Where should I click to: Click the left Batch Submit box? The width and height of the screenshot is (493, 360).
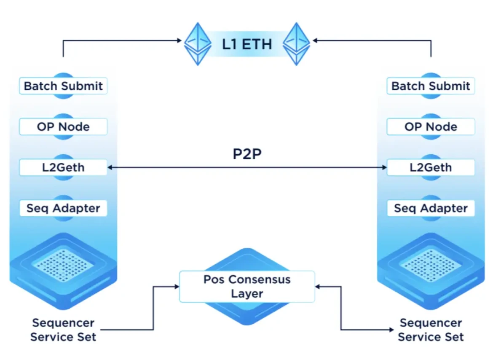63,86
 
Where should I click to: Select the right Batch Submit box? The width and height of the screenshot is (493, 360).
431,86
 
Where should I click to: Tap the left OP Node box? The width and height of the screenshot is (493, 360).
63,127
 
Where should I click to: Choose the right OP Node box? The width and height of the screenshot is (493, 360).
431,127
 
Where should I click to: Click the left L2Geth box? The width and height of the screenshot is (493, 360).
63,168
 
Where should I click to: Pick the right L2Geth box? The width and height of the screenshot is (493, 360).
431,168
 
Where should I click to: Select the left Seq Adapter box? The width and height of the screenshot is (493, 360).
63,208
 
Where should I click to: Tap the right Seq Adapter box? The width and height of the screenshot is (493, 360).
431,208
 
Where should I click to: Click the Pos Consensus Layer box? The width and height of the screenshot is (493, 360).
247,287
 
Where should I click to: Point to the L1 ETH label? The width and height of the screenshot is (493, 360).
247,44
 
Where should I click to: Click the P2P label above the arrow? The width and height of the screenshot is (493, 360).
247,154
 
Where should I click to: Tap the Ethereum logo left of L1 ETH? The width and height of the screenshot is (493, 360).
198,43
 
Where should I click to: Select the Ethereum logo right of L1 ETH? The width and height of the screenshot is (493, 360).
296,43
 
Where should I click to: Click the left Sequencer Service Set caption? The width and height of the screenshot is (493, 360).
63,330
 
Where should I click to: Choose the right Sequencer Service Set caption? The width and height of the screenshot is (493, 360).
431,330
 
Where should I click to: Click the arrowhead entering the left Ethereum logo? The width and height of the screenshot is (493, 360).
180,41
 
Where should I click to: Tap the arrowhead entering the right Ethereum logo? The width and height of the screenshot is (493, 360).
314,41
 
